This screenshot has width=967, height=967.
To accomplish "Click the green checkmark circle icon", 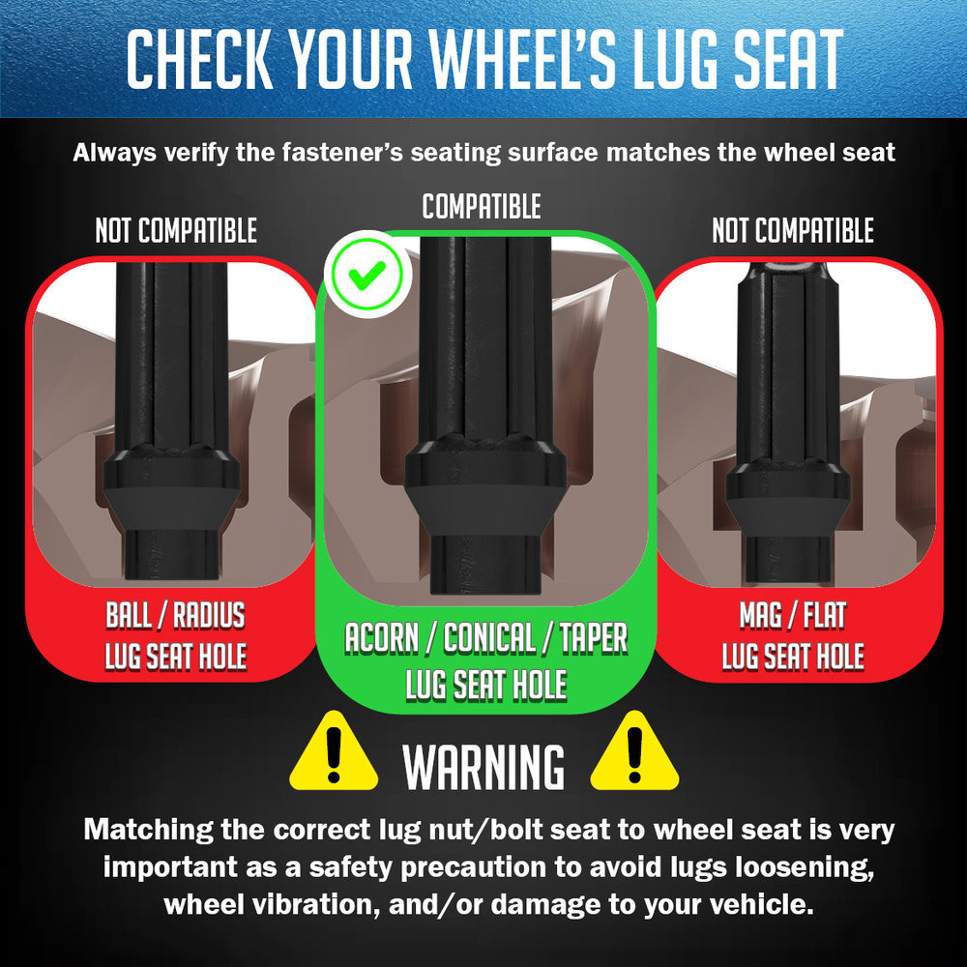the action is tap(366, 275).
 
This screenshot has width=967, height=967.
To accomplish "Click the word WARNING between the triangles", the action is tap(483, 767).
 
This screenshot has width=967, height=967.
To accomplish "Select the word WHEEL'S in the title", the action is tap(523, 59).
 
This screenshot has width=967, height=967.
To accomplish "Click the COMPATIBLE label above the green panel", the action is tap(482, 207).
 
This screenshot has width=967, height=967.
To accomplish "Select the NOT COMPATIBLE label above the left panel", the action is tap(176, 231).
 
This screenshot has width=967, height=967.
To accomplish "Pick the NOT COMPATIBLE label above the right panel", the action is tap(793, 231).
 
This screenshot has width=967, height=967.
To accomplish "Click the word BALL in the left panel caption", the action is tap(129, 615).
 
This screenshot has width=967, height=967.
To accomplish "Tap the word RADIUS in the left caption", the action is tap(209, 615).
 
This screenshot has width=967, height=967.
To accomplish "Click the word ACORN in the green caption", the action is tap(382, 637).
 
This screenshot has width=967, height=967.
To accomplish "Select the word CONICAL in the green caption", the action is tap(489, 637).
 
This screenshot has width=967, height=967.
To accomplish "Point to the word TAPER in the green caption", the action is tap(594, 637).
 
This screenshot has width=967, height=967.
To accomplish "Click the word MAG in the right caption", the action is tap(761, 615).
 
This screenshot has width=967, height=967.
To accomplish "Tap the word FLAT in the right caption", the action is tap(825, 615).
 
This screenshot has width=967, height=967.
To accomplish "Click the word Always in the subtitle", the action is tap(114, 153).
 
